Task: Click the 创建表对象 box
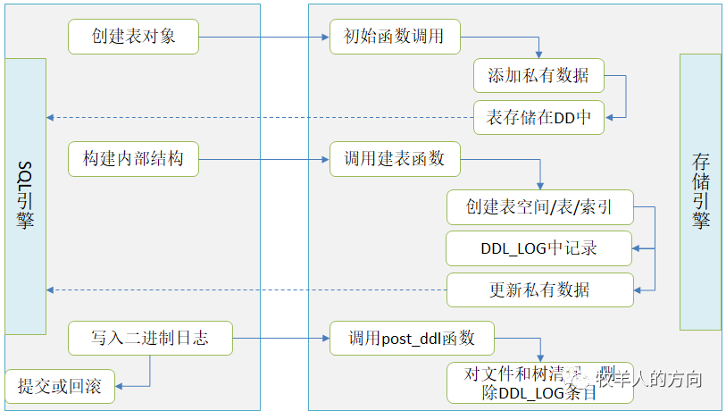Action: tap(133, 37)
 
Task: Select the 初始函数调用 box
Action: tap(395, 37)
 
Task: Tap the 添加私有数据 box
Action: tap(538, 76)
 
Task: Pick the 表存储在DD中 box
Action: tap(538, 117)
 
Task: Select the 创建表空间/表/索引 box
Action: tap(539, 207)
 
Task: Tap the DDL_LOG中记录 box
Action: tap(539, 248)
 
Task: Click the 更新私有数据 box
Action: tap(539, 289)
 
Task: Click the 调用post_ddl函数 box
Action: tap(412, 339)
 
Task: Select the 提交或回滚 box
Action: tap(60, 386)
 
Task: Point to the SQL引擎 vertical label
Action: tap(24, 197)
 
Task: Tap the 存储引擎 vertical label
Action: tap(700, 191)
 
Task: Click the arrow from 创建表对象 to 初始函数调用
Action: tap(263, 38)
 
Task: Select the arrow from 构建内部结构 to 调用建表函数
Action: tap(263, 160)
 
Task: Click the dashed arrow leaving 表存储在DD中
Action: tap(259, 117)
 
